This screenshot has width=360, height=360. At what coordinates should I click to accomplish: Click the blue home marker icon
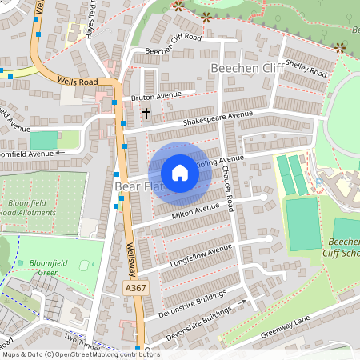(x=180, y=173)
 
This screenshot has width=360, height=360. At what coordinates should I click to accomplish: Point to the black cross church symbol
(x=146, y=114)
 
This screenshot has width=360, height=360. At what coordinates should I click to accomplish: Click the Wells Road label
(x=77, y=81)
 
